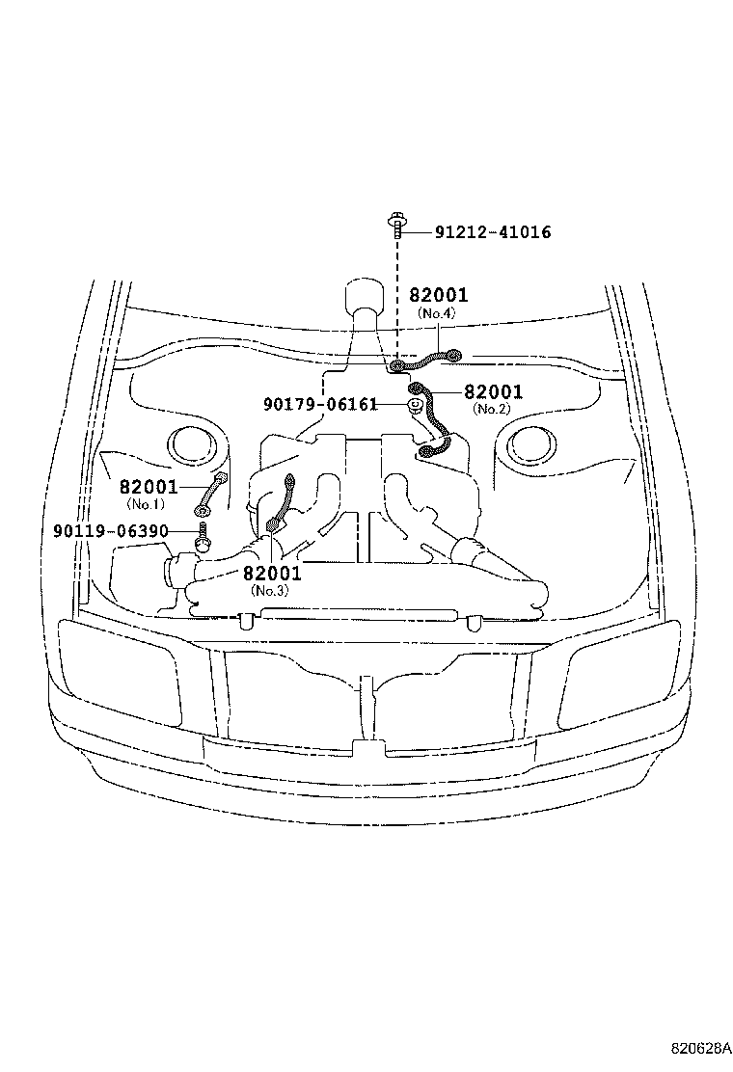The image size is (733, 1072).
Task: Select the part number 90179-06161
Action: (x=320, y=404)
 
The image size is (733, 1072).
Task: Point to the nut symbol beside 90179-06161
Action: (x=413, y=407)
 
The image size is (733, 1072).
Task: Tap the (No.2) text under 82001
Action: (x=492, y=409)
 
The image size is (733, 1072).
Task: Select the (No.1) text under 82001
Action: (x=145, y=504)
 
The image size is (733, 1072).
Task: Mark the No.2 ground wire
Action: (x=433, y=419)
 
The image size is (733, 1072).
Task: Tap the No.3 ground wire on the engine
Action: (x=282, y=500)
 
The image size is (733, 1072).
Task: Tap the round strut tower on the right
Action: (x=531, y=444)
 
